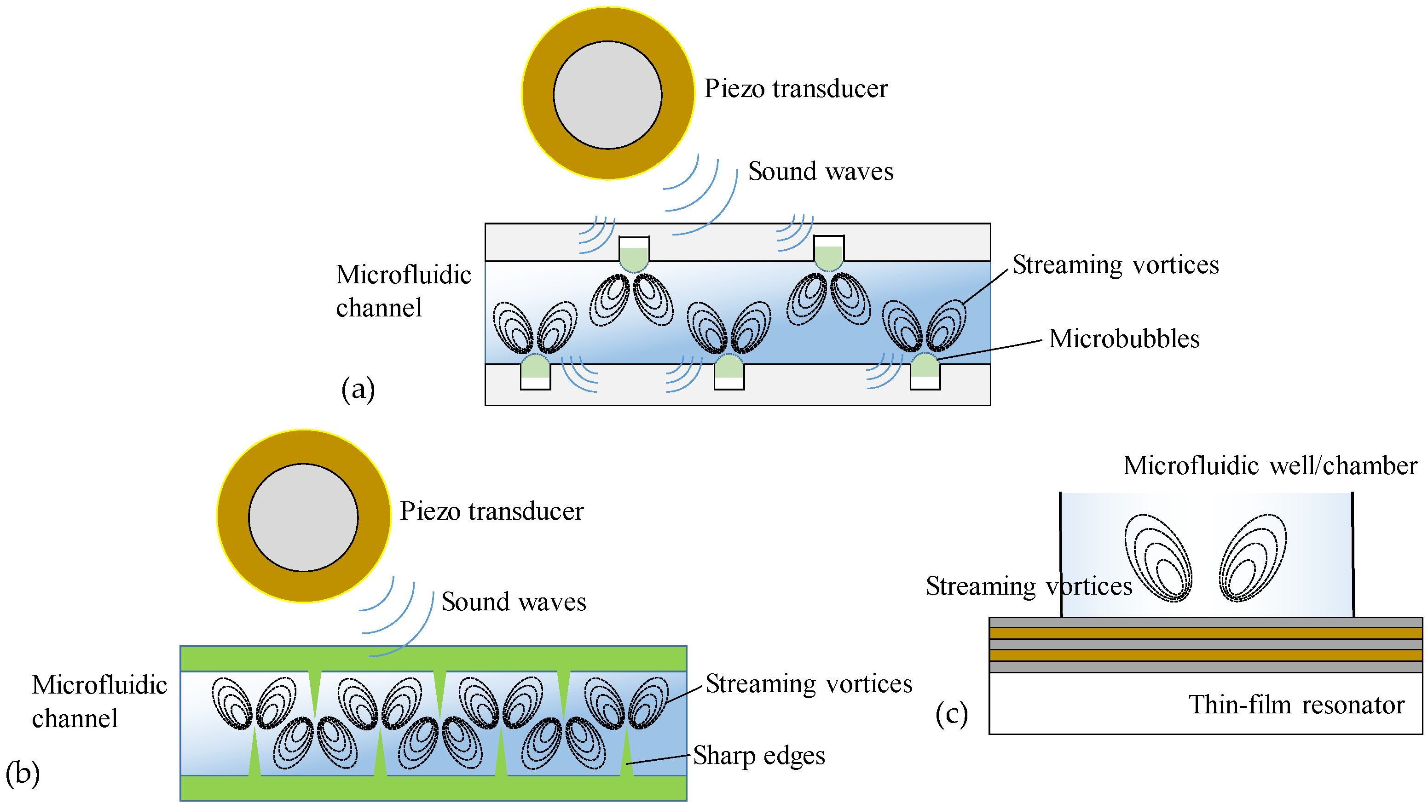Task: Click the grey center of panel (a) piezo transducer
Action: point(607,95)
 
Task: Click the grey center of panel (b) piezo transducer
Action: point(303,517)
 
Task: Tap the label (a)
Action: point(358,389)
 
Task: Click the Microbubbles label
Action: point(1124,339)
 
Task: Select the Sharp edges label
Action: point(759,756)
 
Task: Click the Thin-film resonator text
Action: point(1296,705)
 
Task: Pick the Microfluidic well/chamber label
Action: point(1270,465)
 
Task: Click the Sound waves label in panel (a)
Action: point(821,171)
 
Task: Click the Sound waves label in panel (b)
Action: point(514,602)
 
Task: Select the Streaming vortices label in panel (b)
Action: point(809,683)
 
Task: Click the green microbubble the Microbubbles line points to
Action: point(925,366)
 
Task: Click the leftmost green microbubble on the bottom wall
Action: point(535,366)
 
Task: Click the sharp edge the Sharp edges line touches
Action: point(626,751)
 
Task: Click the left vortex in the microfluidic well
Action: point(1158,558)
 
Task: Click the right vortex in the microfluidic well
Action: point(1252,557)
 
